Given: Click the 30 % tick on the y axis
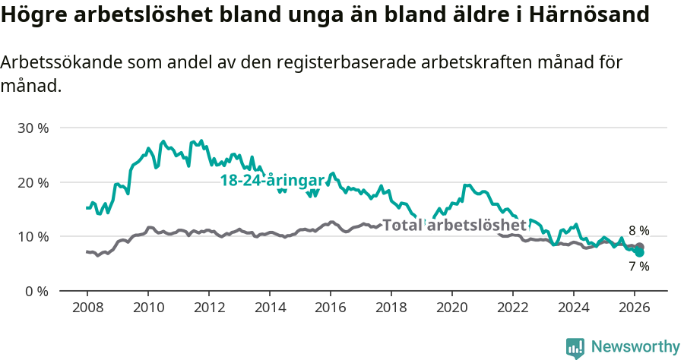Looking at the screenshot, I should pos(33,128).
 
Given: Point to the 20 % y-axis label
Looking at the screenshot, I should pos(33,182).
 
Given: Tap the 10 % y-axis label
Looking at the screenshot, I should pos(33,236).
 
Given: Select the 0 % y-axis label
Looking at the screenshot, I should pos(36,291).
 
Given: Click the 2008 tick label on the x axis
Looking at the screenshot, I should pos(87,307).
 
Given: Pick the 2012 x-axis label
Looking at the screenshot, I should pos(209,307).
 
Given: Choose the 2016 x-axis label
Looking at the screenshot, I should pos(331,307).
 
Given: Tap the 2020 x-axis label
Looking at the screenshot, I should pos(452,307).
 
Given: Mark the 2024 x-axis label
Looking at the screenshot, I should pos(574,307).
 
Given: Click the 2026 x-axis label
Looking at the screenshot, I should pos(635,307).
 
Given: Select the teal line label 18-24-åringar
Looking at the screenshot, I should pos(272,181).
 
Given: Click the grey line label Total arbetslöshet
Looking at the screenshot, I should pos(454,225).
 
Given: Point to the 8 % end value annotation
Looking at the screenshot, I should pos(638,231).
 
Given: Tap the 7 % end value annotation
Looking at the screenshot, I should pos(638,267).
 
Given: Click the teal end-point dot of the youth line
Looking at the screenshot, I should pos(639,252).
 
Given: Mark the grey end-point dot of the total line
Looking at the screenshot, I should pos(639,247).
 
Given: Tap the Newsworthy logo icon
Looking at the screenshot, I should pos(575,348).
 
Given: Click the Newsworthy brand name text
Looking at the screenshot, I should pos(635,347).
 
